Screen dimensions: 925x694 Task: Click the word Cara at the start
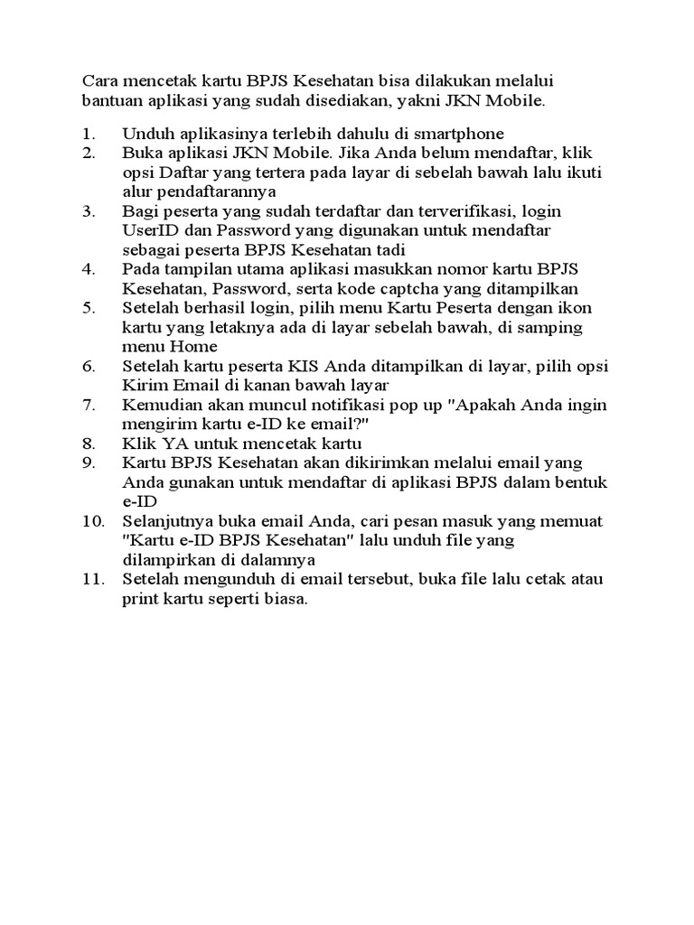(98, 82)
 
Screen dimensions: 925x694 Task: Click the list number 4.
(89, 269)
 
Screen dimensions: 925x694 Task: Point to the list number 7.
(89, 404)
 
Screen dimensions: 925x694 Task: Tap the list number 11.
(92, 578)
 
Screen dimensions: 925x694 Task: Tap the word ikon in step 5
(566, 308)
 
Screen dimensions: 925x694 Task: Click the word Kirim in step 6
(143, 385)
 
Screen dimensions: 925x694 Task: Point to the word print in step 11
(140, 598)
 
